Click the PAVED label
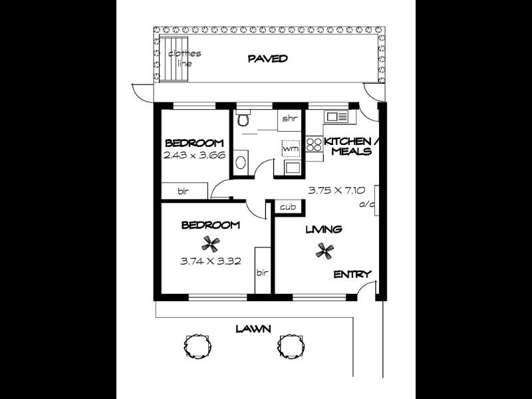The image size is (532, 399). pyautogui.click(x=267, y=59)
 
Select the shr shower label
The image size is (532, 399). pyautogui.click(x=289, y=118)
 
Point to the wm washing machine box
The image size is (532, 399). pyautogui.click(x=291, y=148)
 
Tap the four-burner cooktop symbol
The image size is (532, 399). pyautogui.click(x=314, y=145)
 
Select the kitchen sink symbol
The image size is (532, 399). pyautogui.click(x=336, y=117)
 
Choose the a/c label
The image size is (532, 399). pyautogui.click(x=365, y=204)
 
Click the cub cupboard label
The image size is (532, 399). pyautogui.click(x=287, y=207)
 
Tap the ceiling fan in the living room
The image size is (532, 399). pyautogui.click(x=325, y=250)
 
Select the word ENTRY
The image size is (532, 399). pyautogui.click(x=352, y=274)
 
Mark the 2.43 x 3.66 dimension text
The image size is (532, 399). pyautogui.click(x=195, y=155)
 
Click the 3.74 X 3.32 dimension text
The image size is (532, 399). pyautogui.click(x=210, y=261)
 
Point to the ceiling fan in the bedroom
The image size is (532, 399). pyautogui.click(x=210, y=243)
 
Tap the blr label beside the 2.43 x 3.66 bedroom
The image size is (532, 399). pyautogui.click(x=183, y=192)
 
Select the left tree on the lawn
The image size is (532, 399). pyautogui.click(x=198, y=344)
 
